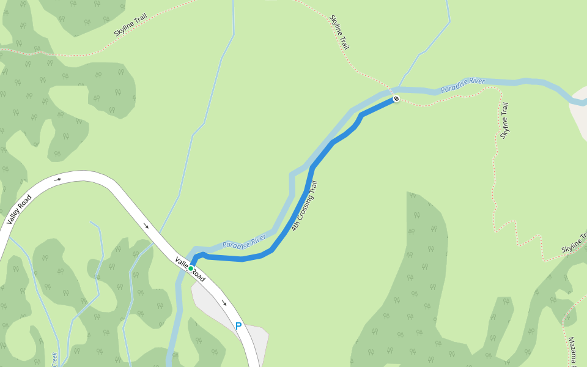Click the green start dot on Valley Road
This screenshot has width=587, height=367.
(191, 269)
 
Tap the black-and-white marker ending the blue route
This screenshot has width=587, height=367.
(396, 98)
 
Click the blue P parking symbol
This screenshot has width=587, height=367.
(238, 327)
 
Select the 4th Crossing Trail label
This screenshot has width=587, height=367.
(305, 206)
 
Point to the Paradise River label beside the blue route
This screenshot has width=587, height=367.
(244, 240)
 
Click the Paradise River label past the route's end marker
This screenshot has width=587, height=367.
(463, 84)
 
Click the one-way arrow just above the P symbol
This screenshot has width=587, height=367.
(224, 303)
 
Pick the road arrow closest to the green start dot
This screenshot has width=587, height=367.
(146, 226)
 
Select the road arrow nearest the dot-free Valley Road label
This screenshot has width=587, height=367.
(58, 179)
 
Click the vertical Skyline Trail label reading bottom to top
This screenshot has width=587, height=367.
(504, 120)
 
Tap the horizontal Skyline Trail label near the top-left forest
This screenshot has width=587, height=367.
(131, 28)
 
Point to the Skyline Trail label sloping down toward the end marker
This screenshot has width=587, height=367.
(339, 32)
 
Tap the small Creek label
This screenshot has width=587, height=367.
(54, 360)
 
